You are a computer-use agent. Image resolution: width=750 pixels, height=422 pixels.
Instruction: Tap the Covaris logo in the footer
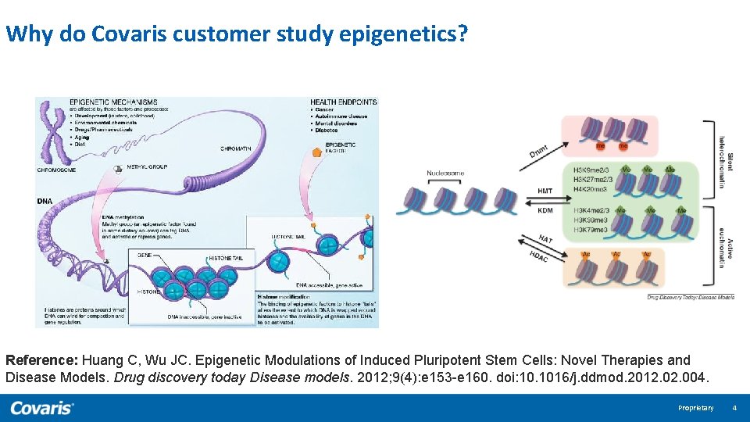[42, 407]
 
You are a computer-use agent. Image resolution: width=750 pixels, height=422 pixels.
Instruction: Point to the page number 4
[734, 408]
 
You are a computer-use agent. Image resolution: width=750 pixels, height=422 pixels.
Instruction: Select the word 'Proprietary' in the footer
[695, 408]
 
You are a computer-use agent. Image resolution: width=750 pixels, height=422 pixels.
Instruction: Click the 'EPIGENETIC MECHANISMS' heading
[113, 102]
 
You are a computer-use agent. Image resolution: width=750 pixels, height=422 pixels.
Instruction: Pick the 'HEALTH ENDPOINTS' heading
[343, 102]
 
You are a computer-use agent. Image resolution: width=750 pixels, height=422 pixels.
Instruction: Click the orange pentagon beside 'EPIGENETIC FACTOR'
[316, 152]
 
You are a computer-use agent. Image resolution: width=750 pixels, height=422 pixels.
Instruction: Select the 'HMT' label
[545, 191]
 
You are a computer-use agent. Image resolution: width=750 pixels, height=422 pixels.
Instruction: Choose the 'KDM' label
[545, 210]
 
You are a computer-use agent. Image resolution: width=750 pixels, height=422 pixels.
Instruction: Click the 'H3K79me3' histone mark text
[591, 230]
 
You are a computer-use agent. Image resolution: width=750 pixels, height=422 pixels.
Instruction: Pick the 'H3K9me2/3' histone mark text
[591, 170]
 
